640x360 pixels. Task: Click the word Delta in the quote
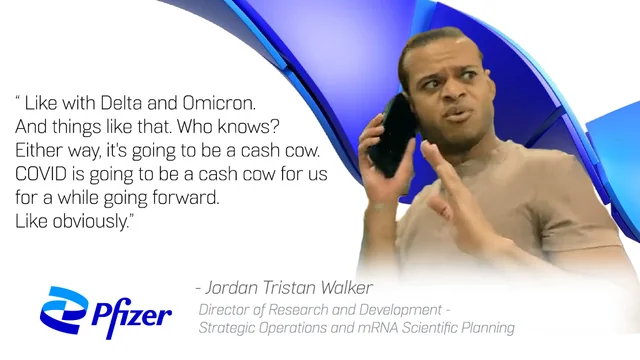click(x=121, y=103)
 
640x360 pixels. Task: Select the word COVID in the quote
click(x=41, y=174)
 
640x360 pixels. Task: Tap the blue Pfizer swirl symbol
click(x=64, y=310)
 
